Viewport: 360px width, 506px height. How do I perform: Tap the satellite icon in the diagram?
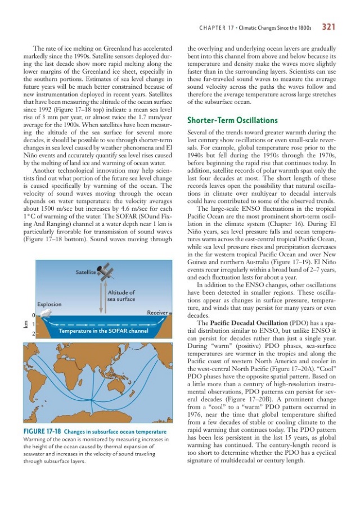point(105,271)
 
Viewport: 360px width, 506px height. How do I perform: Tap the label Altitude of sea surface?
point(121,296)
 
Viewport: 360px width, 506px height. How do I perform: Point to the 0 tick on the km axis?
point(34,315)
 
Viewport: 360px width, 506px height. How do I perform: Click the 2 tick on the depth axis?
point(34,335)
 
